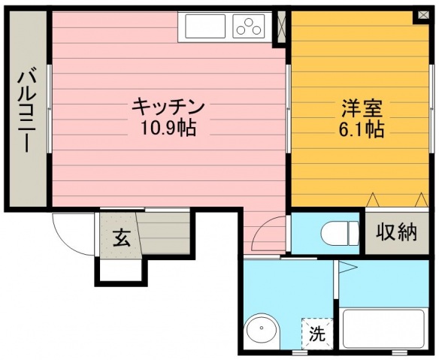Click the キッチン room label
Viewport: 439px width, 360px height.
[168, 107]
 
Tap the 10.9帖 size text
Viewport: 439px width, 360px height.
[168, 129]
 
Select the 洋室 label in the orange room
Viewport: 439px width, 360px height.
[362, 108]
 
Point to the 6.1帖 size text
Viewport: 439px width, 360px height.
[361, 129]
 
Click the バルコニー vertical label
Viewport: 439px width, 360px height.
[27, 111]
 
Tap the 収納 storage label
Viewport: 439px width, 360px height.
[396, 232]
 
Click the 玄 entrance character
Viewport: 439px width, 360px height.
[122, 237]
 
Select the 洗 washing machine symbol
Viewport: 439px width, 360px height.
[317, 333]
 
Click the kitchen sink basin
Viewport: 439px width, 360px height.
[205, 26]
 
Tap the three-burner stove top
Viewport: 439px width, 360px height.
[249, 26]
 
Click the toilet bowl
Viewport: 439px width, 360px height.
[340, 233]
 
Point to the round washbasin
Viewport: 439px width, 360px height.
[262, 331]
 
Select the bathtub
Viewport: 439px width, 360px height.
[384, 328]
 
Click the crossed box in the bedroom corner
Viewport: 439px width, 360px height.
[423, 14]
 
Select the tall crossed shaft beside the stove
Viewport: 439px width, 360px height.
[281, 27]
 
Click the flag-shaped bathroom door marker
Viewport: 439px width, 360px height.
[348, 267]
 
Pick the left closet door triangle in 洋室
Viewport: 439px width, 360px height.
[373, 200]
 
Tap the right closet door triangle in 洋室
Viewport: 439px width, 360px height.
[422, 200]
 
